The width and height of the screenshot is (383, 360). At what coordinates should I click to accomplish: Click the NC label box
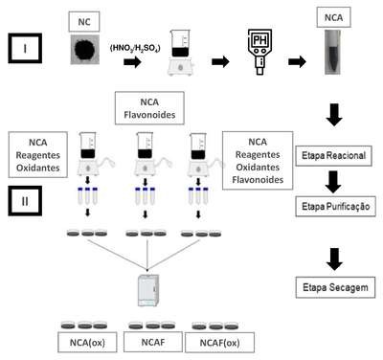pos(84,22)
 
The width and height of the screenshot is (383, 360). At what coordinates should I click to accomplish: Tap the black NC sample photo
pos(85,50)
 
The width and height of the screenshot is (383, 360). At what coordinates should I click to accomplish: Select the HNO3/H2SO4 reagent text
pos(135,48)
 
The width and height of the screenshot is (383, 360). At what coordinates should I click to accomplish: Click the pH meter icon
pos(260,52)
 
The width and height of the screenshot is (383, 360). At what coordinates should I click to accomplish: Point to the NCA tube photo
pos(333,53)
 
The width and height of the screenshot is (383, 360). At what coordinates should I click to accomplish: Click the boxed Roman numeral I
pos(25,48)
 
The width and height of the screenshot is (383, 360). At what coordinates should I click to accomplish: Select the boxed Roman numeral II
pos(25,201)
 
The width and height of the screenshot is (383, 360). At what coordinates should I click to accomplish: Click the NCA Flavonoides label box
pos(149,108)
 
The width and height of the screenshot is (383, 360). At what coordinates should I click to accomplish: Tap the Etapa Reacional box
pos(333,156)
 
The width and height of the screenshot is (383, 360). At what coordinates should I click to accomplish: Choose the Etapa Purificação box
pos(335,207)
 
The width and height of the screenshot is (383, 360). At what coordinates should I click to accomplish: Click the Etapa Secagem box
pos(335,287)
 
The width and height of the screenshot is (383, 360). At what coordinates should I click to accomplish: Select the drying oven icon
pos(147,290)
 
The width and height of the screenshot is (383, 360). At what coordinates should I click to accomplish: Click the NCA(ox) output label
pos(87,343)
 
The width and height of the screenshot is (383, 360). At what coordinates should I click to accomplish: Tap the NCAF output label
pos(153,342)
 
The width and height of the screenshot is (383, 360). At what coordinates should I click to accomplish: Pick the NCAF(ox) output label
pos(219,343)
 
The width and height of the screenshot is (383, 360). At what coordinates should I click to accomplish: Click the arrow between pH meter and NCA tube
pos(297,61)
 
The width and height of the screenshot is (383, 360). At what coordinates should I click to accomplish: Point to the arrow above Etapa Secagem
pos(334,259)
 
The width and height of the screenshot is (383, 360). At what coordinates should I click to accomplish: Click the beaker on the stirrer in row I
pos(180,53)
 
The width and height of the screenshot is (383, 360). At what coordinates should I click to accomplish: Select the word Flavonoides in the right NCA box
pos(258,180)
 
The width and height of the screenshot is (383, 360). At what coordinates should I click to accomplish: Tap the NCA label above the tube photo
pos(333,17)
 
